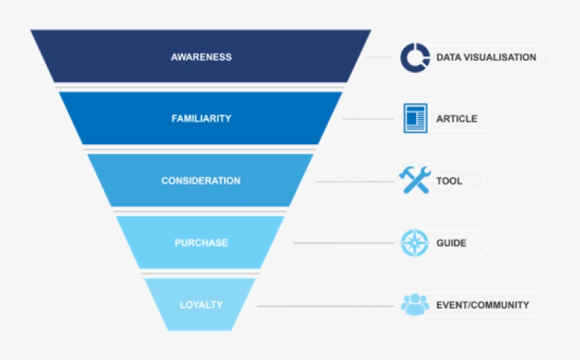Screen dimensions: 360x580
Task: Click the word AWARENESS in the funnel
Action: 201,57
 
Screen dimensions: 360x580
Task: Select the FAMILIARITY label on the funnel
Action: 201,119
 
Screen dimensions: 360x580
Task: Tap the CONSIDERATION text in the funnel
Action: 201,181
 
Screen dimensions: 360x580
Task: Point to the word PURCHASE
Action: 201,243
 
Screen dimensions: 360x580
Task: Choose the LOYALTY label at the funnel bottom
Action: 201,305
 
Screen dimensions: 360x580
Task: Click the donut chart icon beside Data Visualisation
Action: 414,57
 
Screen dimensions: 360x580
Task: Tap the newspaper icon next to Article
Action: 415,118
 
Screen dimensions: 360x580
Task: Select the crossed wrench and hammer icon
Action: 414,180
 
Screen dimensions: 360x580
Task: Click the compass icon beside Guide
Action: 414,243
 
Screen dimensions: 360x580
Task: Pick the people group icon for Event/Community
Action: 414,305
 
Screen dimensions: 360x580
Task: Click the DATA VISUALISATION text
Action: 486,57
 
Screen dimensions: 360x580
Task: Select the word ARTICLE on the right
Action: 456,119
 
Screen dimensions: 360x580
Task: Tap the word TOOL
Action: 449,181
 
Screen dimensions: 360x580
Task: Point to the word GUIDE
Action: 451,243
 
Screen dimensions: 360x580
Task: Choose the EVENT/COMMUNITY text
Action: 482,305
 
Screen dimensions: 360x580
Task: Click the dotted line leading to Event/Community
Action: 325,306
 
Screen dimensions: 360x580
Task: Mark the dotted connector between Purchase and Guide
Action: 343,243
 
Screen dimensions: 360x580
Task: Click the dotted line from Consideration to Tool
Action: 354,182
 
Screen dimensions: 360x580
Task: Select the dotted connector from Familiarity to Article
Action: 368,120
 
